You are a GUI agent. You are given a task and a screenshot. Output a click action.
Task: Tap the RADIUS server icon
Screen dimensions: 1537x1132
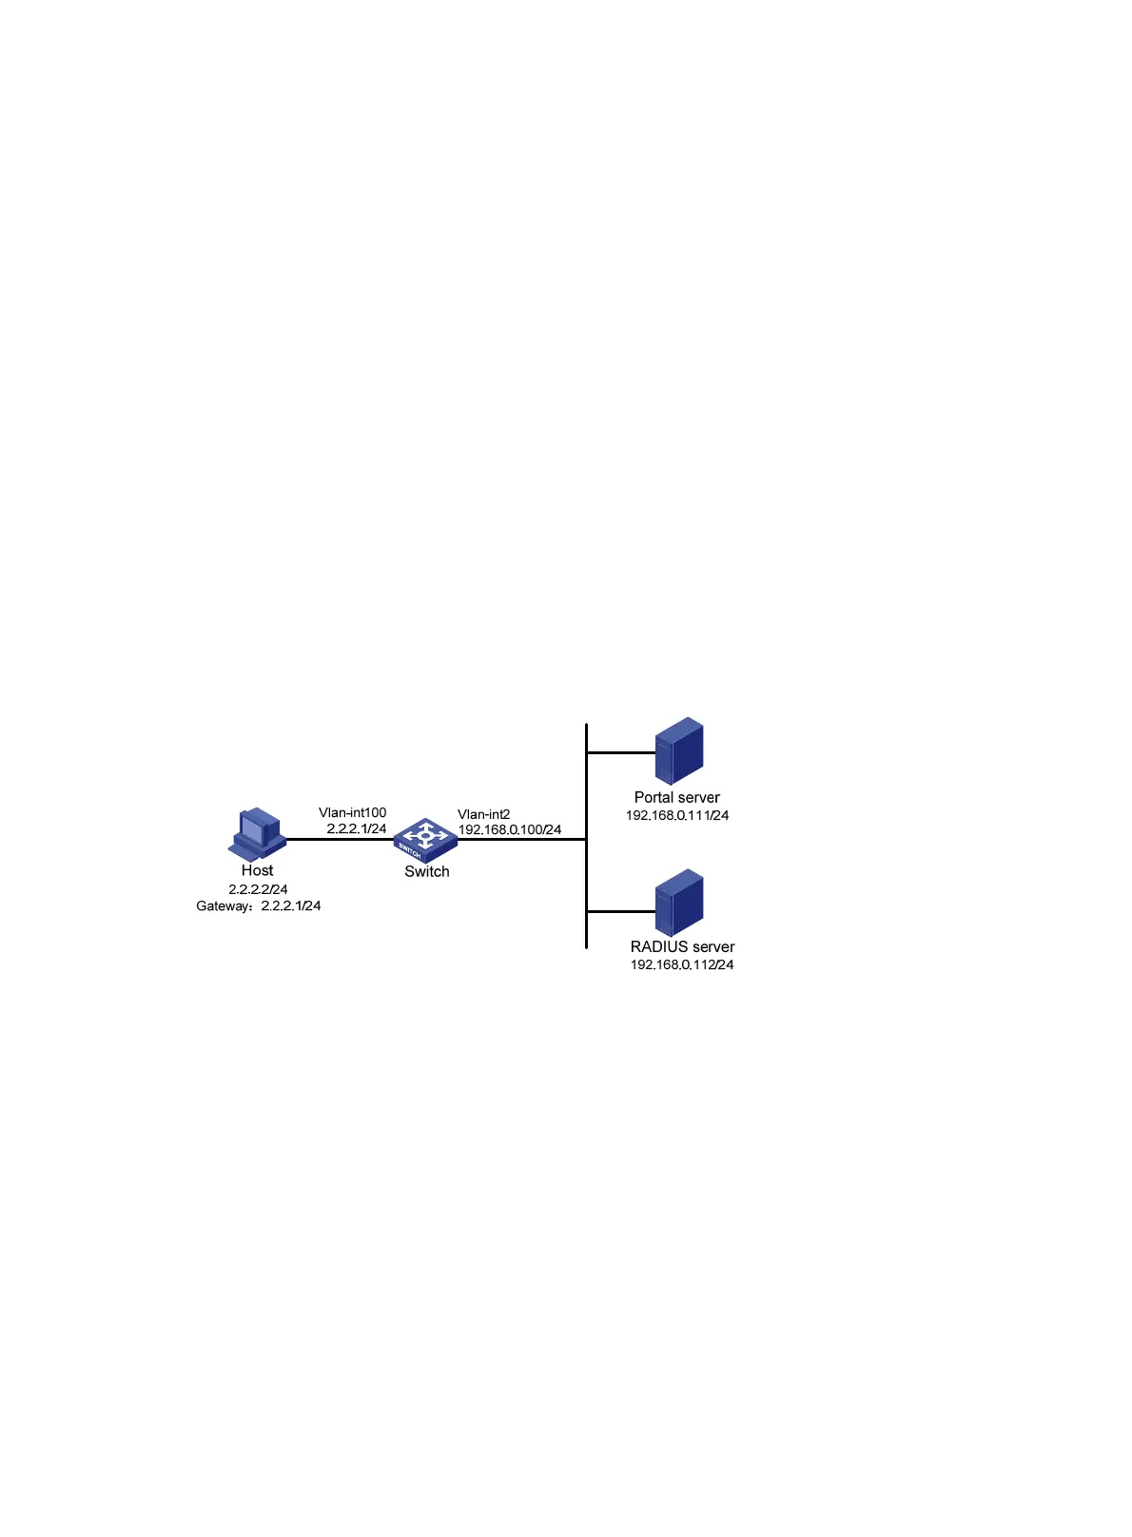[679, 902]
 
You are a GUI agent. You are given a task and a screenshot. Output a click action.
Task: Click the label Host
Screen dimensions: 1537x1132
[257, 870]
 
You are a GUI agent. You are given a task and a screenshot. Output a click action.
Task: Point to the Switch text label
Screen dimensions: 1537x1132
[426, 871]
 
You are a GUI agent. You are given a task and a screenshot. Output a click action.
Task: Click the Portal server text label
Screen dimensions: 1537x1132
[676, 797]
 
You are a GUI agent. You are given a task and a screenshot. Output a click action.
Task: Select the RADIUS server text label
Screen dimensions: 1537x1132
[682, 946]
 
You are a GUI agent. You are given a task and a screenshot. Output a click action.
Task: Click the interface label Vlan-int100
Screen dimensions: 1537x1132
[352, 812]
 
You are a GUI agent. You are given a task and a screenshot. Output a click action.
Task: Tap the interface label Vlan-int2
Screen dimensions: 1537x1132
[483, 814]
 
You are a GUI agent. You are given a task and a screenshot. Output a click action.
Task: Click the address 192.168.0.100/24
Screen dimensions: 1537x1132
[509, 829]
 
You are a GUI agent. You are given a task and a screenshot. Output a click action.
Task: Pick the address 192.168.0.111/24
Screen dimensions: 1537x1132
[676, 815]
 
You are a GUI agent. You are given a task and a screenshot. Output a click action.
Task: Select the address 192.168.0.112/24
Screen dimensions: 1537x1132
[681, 964]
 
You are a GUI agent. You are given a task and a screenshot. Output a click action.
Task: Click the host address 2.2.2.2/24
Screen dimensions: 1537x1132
[258, 889]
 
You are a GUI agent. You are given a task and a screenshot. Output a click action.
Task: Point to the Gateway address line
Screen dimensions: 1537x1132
[258, 905]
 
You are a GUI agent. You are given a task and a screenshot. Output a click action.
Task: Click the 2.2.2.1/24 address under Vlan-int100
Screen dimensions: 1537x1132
[356, 828]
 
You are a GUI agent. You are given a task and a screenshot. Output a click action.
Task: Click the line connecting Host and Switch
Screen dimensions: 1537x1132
[338, 839]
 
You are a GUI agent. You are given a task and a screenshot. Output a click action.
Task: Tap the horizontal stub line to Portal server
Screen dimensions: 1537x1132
[620, 752]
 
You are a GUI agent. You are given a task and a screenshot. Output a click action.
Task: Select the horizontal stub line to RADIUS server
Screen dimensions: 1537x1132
[620, 911]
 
